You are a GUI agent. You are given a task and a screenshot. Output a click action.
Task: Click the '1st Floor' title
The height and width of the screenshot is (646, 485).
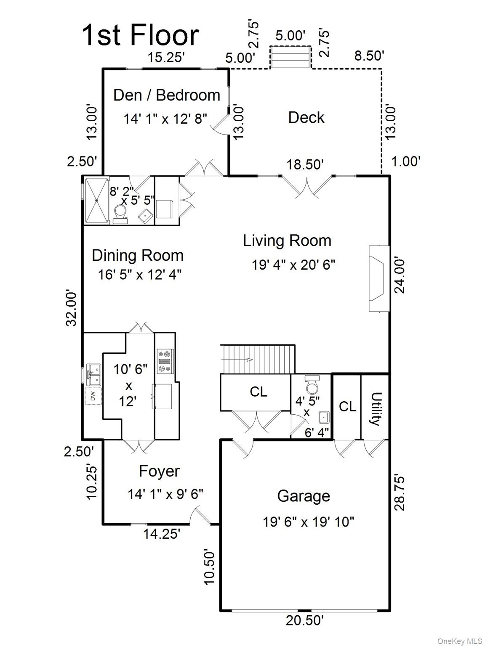pyautogui.click(x=140, y=35)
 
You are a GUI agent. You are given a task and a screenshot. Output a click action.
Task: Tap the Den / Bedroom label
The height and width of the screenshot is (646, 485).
pyautogui.click(x=167, y=95)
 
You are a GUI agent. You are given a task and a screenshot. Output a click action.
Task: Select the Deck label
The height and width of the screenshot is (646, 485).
pyautogui.click(x=306, y=117)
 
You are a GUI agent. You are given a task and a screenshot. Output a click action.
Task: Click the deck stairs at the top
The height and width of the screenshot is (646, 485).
pyautogui.click(x=290, y=57)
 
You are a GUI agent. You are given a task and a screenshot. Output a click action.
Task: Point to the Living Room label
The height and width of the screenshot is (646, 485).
pyautogui.click(x=287, y=241)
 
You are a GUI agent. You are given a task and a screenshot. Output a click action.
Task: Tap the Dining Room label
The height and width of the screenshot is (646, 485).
pyautogui.click(x=138, y=255)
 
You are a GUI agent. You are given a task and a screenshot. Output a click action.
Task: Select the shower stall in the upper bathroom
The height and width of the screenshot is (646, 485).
pyautogui.click(x=97, y=201)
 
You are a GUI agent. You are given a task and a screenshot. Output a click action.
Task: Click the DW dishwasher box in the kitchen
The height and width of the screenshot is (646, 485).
pyautogui.click(x=93, y=396)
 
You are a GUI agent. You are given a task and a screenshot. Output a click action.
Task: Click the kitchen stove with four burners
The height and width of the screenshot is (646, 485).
pyautogui.click(x=164, y=361)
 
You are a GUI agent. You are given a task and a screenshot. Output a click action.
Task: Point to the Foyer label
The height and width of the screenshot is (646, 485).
pyautogui.click(x=159, y=471)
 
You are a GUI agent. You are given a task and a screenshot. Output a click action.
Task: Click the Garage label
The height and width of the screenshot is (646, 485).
pyautogui.click(x=303, y=496)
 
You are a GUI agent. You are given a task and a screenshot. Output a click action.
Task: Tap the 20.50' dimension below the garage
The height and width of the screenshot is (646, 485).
pyautogui.click(x=304, y=620)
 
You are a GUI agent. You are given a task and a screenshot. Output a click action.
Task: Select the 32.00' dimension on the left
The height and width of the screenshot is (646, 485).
pyautogui.click(x=72, y=307)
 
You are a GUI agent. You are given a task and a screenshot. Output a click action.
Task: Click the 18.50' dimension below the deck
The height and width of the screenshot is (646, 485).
pyautogui.click(x=305, y=164)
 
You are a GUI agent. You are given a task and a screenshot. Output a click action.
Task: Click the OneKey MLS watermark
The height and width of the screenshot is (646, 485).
pyautogui.click(x=460, y=641)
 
